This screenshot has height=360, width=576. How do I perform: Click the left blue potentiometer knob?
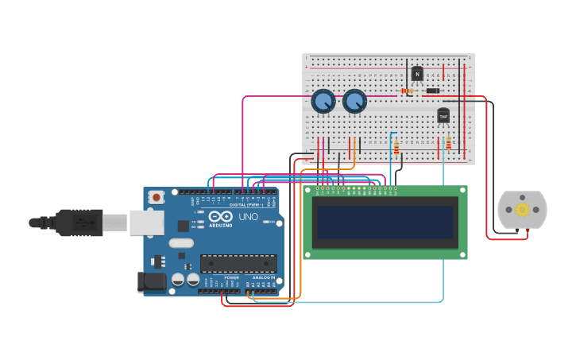[323, 102]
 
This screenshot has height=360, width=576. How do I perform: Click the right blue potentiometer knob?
[354, 102]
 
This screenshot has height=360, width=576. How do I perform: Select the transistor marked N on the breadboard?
[417, 74]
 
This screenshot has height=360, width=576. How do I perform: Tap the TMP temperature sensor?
[443, 116]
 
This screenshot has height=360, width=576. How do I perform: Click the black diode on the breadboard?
[432, 91]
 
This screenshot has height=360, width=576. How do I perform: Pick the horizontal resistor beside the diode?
[408, 91]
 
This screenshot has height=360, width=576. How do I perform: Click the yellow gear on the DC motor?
[522, 210]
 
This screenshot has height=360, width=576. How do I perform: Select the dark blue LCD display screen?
[385, 223]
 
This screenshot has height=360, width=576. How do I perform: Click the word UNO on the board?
[249, 217]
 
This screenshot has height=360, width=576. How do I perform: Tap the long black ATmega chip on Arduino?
[238, 263]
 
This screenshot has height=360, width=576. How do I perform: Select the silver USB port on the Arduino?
[146, 223]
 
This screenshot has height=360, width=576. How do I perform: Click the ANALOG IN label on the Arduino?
[264, 277]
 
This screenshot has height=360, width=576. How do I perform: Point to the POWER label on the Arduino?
[231, 277]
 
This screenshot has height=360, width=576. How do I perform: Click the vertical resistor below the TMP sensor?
[448, 143]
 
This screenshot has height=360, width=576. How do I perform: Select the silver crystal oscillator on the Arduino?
[180, 243]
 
